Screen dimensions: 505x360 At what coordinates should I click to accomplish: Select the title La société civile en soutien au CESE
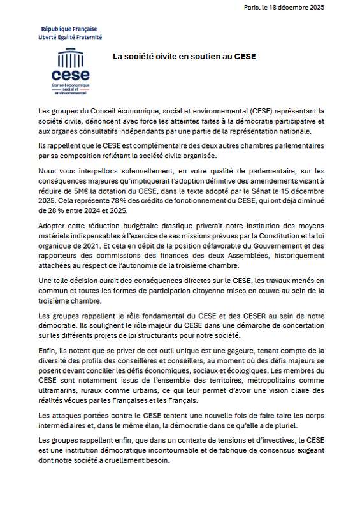(x=184, y=56)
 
